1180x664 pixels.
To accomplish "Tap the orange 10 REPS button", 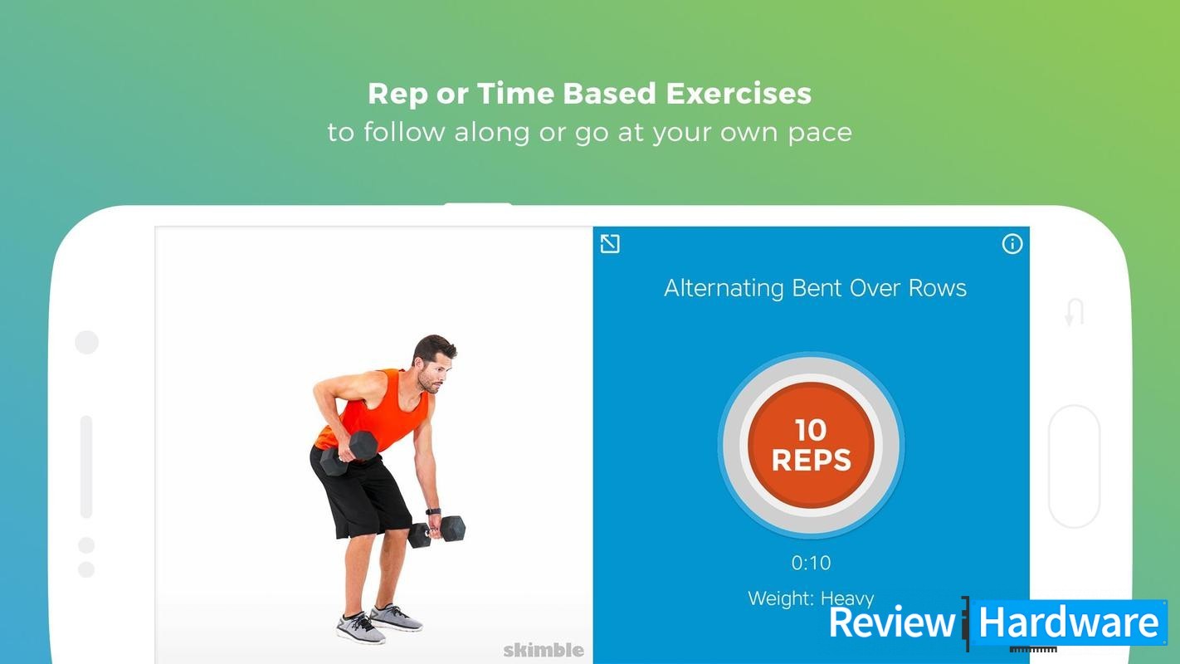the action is point(812,446).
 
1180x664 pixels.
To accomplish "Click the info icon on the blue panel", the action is point(1012,244).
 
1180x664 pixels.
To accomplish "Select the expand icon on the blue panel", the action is point(610,244).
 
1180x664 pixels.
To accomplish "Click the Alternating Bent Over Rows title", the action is point(815,288).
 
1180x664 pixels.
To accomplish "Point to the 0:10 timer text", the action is point(812,563).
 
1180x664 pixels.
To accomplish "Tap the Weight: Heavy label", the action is point(811,598).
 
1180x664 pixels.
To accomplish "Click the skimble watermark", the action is point(544,650).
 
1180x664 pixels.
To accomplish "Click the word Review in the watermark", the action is point(892,622).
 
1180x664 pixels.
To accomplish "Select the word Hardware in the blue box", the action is point(1068,622).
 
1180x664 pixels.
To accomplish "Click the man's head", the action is point(435,364).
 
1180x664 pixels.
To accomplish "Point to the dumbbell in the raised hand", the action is point(349,453).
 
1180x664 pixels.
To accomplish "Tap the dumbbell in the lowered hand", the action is point(436,531).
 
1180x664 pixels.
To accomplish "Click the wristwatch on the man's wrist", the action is point(433,511).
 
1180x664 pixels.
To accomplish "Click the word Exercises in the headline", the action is point(739,93).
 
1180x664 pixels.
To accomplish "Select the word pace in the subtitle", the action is point(820,133).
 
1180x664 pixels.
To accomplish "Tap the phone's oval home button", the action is point(1075,466).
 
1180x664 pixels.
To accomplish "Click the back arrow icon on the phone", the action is point(1075,313).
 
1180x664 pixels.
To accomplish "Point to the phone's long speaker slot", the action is point(86,467).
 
